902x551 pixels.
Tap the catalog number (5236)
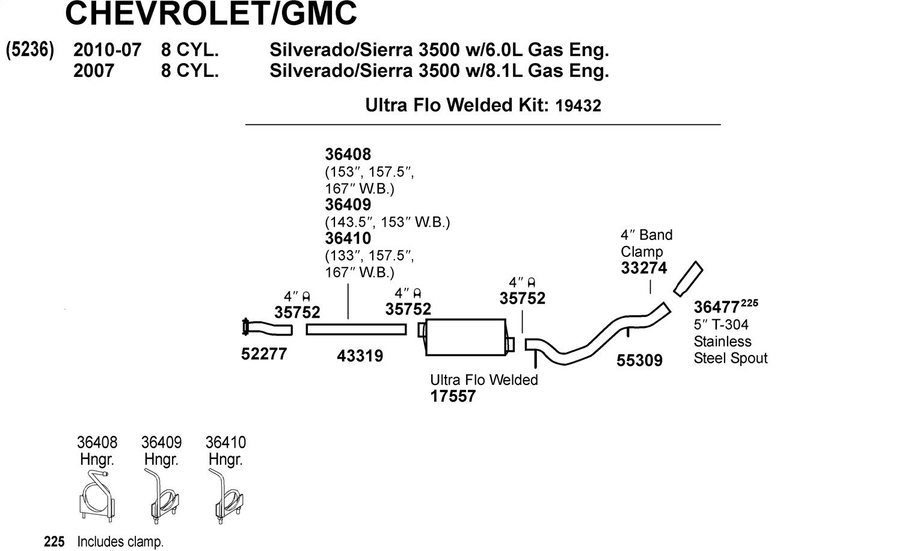click(30, 49)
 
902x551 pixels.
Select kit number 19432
click(578, 106)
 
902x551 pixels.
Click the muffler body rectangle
click(465, 337)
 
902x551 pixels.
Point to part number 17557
click(453, 396)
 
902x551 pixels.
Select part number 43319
click(360, 356)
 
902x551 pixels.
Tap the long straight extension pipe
click(356, 330)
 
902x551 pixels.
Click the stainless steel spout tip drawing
click(688, 279)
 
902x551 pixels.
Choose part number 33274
click(644, 268)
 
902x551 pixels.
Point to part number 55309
click(639, 360)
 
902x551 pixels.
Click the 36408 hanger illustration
click(97, 496)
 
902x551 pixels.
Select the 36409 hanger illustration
click(162, 496)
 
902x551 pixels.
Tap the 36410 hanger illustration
click(226, 496)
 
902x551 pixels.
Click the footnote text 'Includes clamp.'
click(120, 542)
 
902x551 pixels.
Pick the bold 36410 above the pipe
click(348, 238)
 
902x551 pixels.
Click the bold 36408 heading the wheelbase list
click(348, 154)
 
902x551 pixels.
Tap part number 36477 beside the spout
click(716, 307)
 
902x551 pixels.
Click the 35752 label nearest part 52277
click(297, 312)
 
